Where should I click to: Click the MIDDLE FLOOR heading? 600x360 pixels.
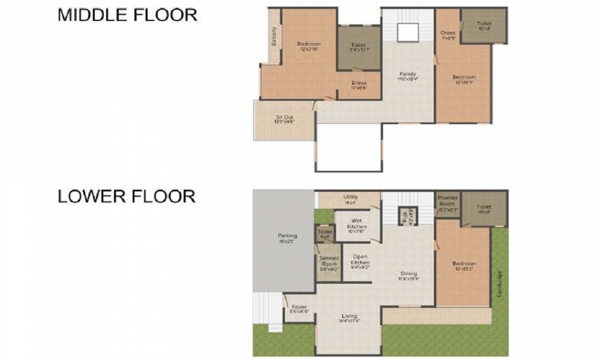point(127,15)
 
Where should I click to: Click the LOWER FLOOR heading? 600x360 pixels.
point(127,196)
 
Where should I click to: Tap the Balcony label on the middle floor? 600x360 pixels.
point(274,37)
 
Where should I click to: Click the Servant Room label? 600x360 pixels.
point(329,262)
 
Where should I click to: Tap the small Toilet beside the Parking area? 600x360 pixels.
point(325,232)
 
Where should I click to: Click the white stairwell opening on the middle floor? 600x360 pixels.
point(408,34)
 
